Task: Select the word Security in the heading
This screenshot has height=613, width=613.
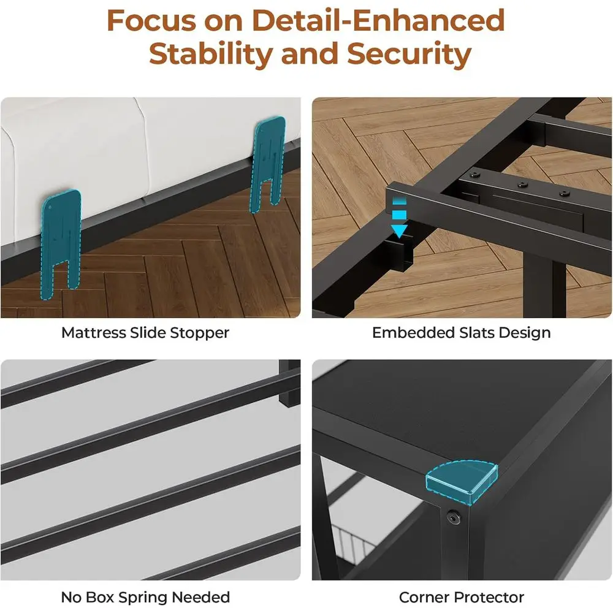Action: pyautogui.click(x=409, y=54)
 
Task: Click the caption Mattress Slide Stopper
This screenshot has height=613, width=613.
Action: pyautogui.click(x=145, y=333)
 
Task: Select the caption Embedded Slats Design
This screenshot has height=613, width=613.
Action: pyautogui.click(x=461, y=333)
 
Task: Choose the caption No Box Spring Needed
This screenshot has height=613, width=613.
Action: pyautogui.click(x=145, y=596)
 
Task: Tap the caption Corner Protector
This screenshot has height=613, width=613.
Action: pyautogui.click(x=461, y=596)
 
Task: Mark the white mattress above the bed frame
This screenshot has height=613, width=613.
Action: pyautogui.click(x=123, y=147)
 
